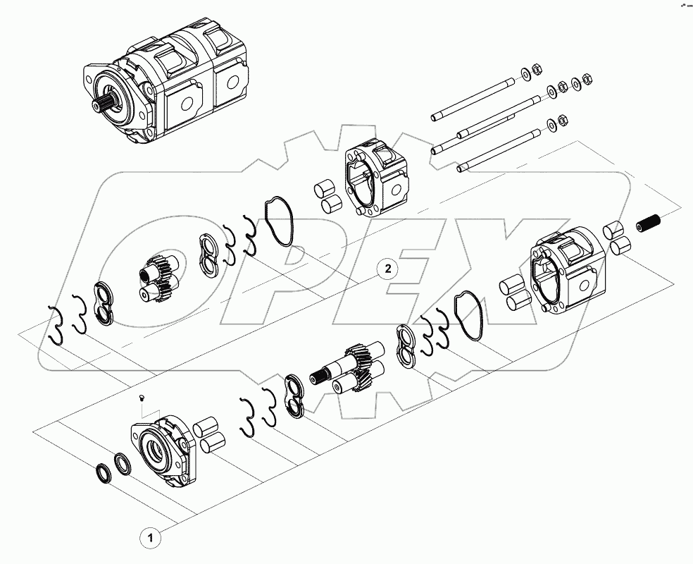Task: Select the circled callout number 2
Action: click(387, 269)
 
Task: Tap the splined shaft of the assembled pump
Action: click(101, 105)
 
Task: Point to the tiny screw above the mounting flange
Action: click(141, 400)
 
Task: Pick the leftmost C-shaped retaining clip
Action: click(58, 325)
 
